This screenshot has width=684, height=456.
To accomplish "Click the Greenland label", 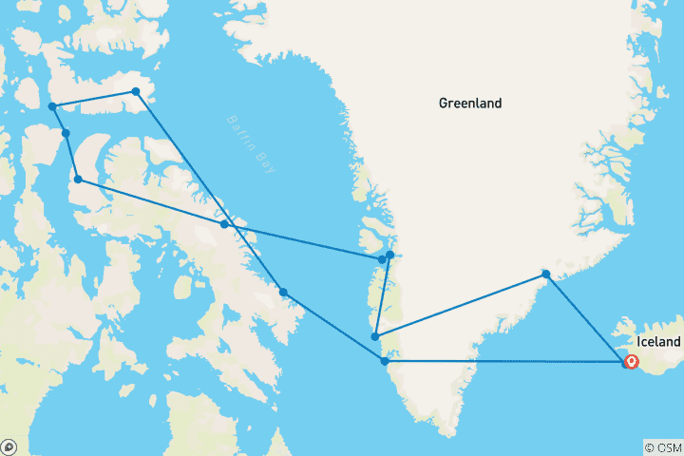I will [470, 103].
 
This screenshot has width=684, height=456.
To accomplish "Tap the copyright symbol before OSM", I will [649, 446].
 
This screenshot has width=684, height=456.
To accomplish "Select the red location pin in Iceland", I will [630, 361].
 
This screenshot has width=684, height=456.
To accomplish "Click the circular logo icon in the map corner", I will [9, 446].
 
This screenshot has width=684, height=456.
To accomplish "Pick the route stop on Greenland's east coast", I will [545, 275].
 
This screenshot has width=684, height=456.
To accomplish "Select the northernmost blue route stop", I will [136, 91].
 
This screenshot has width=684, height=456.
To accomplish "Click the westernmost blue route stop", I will [52, 106].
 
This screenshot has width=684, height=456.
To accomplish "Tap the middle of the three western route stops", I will [66, 133].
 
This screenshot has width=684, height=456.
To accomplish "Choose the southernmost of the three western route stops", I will [78, 179].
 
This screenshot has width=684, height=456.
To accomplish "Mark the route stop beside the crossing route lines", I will [224, 224].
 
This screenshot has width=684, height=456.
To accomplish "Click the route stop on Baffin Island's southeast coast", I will [283, 291].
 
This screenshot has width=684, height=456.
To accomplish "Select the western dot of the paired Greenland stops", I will [382, 258].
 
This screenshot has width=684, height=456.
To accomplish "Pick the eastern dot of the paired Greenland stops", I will [390, 255].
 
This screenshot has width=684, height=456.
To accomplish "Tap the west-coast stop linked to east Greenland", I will [376, 336].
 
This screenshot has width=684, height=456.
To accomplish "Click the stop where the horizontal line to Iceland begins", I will [385, 361].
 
